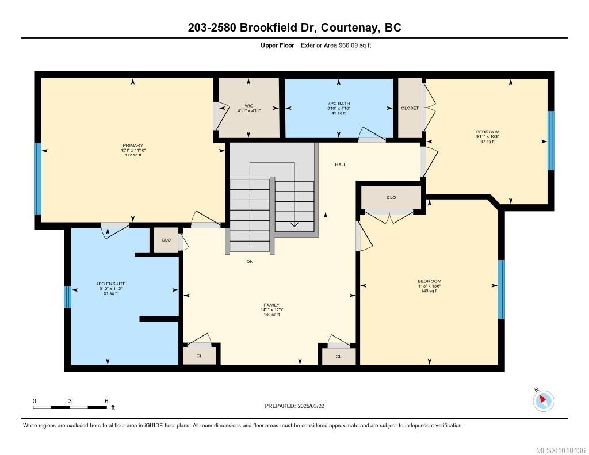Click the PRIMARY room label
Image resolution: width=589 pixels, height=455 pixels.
(x=132, y=146)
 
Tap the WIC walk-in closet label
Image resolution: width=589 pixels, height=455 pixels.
(x=248, y=106)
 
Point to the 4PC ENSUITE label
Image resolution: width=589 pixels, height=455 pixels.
(x=107, y=284)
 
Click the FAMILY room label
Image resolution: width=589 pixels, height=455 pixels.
(x=271, y=305)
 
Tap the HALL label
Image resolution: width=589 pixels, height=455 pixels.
(x=341, y=165)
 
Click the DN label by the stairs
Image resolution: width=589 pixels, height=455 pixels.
(x=250, y=262)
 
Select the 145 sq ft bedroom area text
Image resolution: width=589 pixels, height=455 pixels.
(x=429, y=291)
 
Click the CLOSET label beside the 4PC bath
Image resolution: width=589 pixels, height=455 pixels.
(x=410, y=108)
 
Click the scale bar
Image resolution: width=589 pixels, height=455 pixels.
(x=70, y=407)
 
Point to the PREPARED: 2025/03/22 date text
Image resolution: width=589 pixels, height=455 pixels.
(x=298, y=406)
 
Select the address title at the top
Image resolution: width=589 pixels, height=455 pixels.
(x=294, y=28)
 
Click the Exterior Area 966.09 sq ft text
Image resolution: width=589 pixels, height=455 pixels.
(x=336, y=45)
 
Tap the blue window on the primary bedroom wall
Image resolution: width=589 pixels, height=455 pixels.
(x=37, y=178)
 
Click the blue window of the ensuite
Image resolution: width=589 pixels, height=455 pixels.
(x=67, y=297)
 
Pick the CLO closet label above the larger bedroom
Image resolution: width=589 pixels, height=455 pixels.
(x=391, y=197)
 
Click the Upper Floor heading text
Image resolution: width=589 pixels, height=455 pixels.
(x=278, y=45)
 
